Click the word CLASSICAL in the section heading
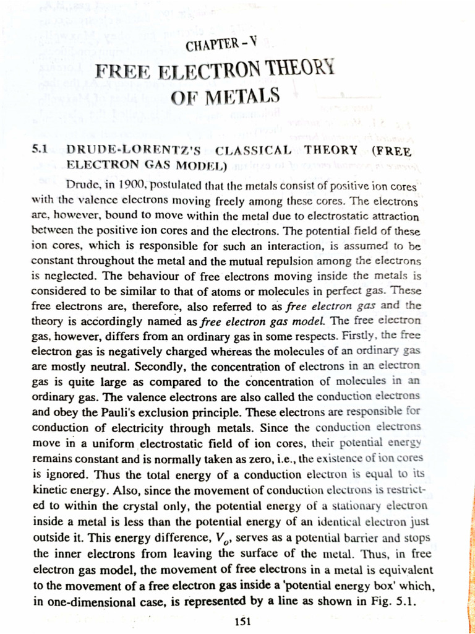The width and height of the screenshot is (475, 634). [254, 150]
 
